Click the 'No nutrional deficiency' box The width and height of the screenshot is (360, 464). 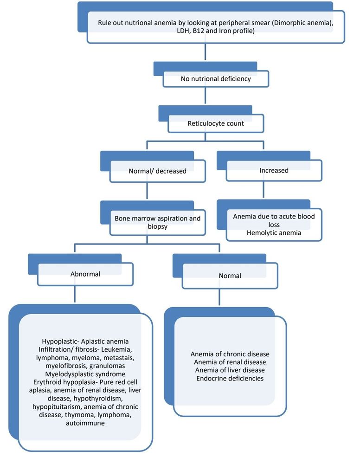[215, 79]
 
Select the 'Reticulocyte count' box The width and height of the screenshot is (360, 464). [216, 124]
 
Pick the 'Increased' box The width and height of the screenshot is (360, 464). [274, 170]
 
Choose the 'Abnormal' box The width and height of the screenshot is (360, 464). [85, 274]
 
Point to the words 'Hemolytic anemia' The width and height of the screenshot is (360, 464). [274, 233]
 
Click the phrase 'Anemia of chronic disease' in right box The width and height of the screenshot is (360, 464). [230, 354]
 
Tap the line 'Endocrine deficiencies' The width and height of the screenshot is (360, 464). [230, 378]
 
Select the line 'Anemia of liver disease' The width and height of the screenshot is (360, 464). [230, 370]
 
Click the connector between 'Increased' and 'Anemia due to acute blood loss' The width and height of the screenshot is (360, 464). [264, 190]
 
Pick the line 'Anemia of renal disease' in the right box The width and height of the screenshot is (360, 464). [230, 362]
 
